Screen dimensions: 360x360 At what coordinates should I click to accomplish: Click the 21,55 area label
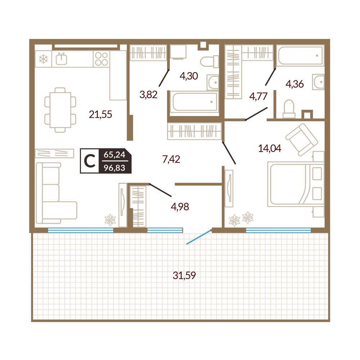coord(100,114)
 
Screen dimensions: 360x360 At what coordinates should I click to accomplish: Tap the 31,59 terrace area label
coord(184,275)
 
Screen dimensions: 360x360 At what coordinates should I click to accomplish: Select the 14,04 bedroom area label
coord(270,149)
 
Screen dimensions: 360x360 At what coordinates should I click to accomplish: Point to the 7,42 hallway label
coord(171,159)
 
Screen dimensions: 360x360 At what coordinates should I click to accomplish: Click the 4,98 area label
coord(180,207)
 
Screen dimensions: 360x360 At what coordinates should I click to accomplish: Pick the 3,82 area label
coord(149,95)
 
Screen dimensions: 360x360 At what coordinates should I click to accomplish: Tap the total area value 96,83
coord(114,168)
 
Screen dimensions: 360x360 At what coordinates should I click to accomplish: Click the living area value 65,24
coord(114,154)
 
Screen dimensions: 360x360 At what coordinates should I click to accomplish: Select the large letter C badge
coord(90,161)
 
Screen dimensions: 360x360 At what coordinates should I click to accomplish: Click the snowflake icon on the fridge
coord(43,59)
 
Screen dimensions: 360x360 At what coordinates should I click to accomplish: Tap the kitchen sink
coord(62,59)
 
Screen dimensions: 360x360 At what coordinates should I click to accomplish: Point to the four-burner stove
coord(102,59)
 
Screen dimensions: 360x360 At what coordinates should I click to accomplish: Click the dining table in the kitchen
coord(60,110)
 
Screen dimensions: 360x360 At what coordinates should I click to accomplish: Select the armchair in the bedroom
coord(302,140)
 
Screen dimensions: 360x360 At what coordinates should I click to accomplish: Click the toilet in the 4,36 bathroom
coord(289,109)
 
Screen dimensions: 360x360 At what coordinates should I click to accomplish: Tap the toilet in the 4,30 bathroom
coord(210,62)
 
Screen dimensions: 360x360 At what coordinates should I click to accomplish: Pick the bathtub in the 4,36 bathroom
coord(300,55)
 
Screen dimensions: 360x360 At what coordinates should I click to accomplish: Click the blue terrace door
coord(199,237)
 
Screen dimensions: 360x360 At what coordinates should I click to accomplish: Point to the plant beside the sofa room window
coord(110,220)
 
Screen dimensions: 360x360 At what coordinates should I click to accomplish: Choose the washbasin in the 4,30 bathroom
coord(213,82)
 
